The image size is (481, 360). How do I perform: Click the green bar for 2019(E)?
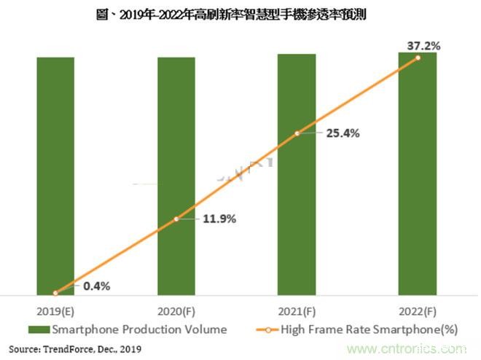tap(55, 175)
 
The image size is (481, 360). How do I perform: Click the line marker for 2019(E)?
tap(55, 293)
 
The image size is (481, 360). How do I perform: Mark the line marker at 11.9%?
tap(176, 218)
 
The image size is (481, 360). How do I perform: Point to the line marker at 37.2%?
tap(418, 58)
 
